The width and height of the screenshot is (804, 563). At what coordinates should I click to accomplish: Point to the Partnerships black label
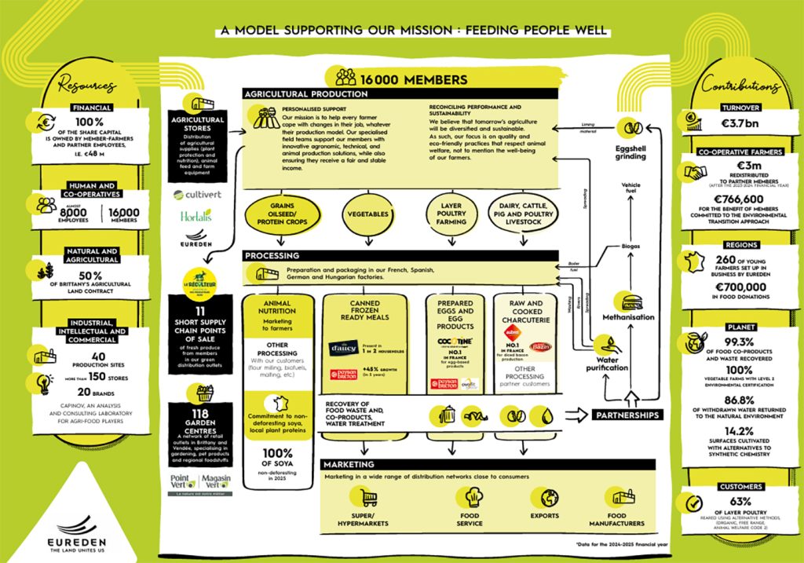[x=627, y=415]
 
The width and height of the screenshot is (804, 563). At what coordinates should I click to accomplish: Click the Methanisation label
[x=628, y=317]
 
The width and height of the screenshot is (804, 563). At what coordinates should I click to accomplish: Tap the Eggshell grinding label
[x=630, y=152]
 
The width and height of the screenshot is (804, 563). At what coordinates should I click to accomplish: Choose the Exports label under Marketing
[x=544, y=516]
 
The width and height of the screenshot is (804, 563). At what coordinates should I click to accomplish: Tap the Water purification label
[x=608, y=363]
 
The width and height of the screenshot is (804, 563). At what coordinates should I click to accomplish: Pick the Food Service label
[x=470, y=519]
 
